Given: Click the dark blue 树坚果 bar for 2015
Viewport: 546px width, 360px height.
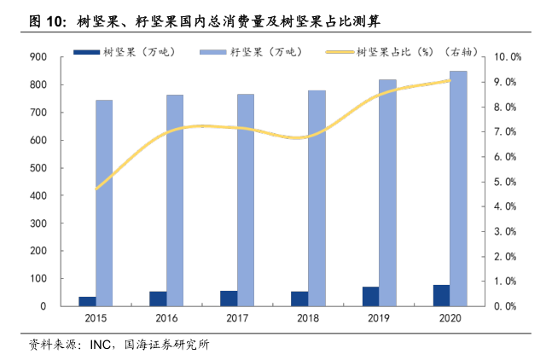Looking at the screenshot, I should click(x=87, y=301).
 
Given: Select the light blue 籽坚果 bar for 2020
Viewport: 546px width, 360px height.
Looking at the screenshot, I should click(x=459, y=188).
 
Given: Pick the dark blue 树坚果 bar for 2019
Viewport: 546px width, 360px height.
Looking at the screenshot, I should click(x=370, y=296).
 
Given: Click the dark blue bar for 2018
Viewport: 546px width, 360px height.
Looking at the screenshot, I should click(x=299, y=299).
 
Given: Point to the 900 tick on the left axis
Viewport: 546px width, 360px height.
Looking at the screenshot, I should click(x=38, y=57).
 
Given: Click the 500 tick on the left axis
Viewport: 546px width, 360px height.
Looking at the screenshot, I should click(x=38, y=168).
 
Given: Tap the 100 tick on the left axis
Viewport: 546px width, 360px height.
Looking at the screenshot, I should click(x=38, y=279).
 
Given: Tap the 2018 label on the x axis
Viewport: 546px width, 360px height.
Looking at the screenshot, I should click(x=308, y=318).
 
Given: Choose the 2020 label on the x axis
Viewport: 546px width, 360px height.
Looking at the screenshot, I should click(x=450, y=318).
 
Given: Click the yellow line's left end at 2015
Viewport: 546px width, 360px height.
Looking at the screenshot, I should click(x=96, y=189).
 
